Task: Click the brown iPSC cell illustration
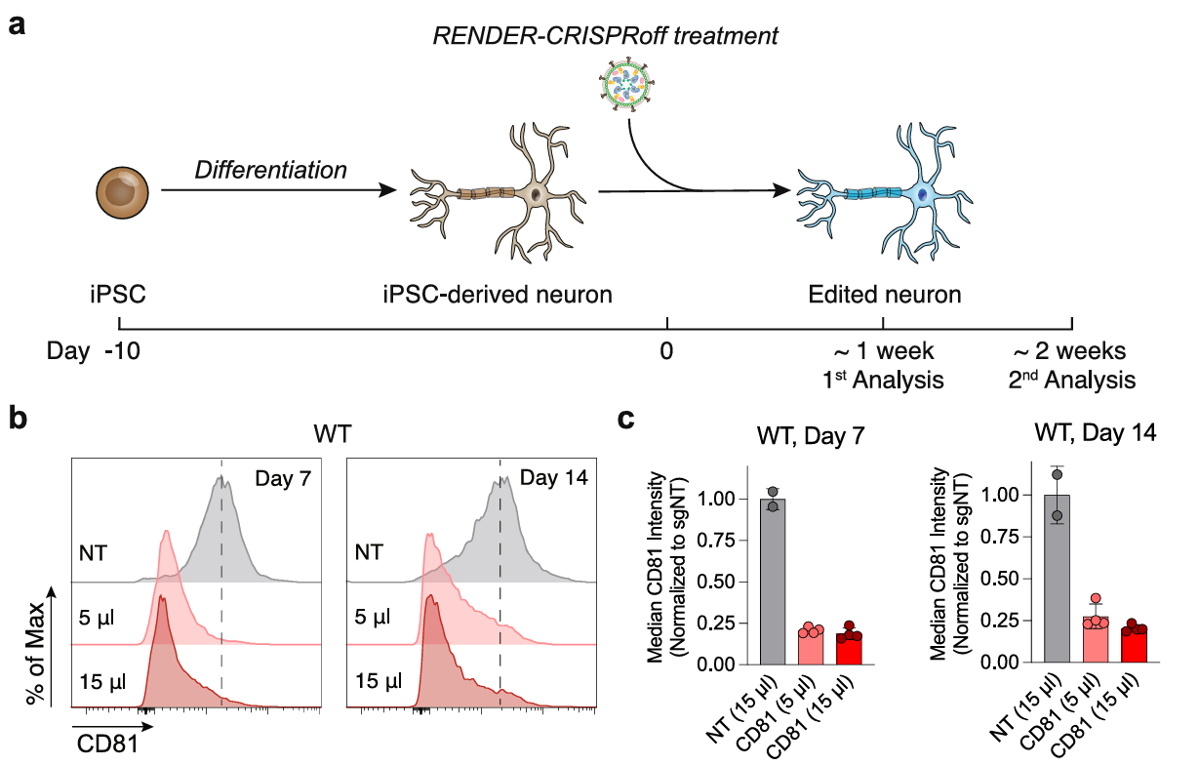coord(123,191)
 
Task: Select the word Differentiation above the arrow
coord(271,170)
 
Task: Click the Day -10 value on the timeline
coord(123,350)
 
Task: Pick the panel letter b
coord(19,421)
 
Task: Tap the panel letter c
coord(629,421)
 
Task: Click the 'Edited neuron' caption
coord(884,294)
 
